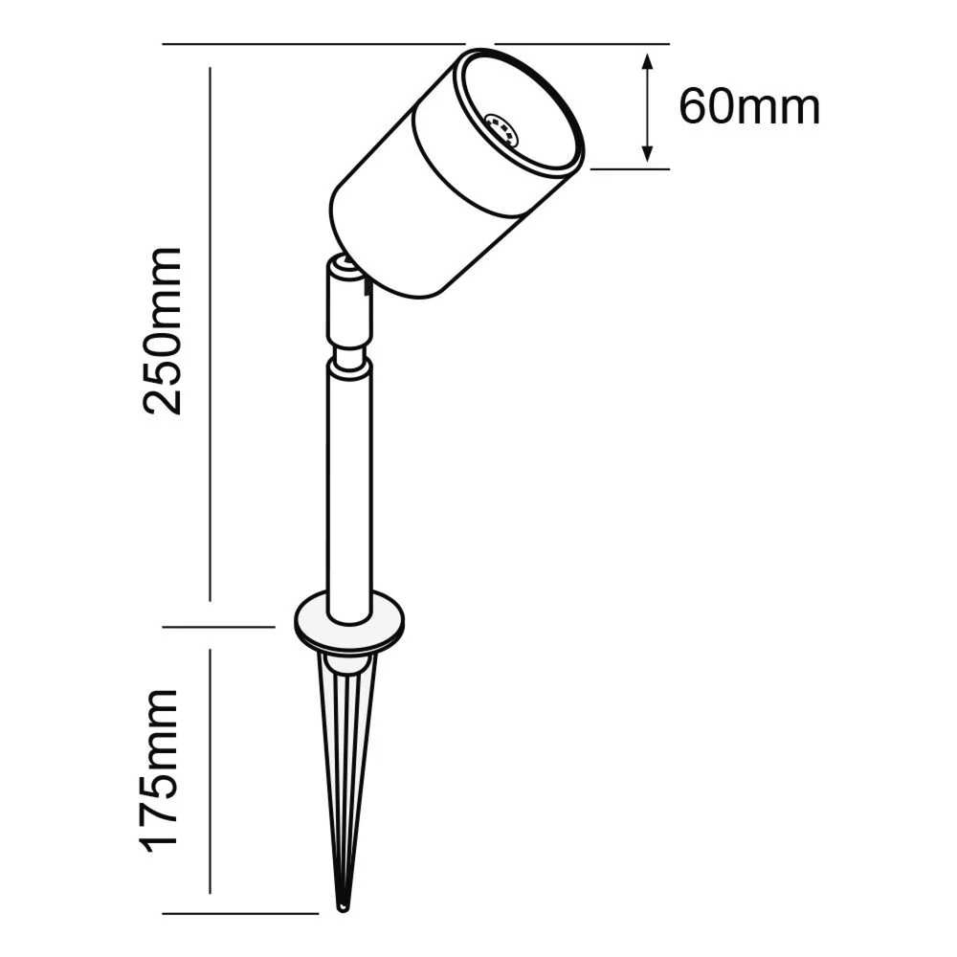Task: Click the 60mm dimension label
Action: [749, 107]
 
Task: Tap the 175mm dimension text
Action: [161, 769]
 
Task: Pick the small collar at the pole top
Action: [348, 364]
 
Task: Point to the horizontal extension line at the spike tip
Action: [239, 913]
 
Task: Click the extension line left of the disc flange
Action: [220, 627]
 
